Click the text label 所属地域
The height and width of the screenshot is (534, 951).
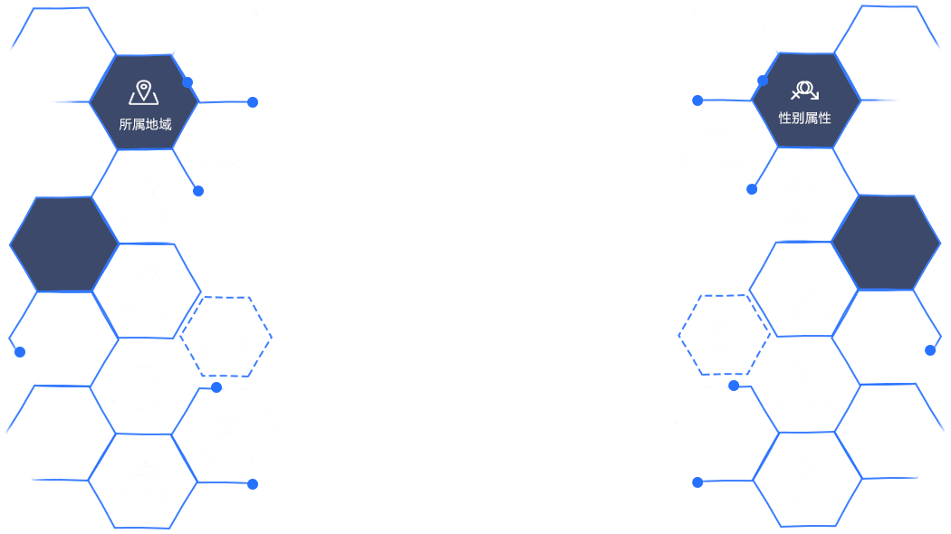click(145, 124)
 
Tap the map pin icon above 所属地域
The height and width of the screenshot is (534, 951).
click(144, 92)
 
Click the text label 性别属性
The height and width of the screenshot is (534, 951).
click(805, 119)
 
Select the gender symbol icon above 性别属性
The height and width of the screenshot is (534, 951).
click(805, 91)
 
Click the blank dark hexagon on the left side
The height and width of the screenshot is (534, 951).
click(63, 244)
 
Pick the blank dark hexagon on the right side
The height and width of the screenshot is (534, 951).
click(886, 243)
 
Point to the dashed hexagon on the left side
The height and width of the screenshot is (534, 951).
click(226, 337)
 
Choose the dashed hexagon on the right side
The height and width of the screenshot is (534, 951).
click(725, 335)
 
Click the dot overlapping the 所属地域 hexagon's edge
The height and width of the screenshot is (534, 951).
click(187, 82)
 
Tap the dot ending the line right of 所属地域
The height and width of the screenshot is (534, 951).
click(253, 102)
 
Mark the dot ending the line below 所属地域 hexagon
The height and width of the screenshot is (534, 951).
click(198, 191)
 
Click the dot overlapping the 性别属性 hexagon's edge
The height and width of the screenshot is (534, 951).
click(763, 81)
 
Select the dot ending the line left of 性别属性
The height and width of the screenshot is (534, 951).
click(697, 100)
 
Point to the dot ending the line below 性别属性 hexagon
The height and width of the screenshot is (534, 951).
click(752, 190)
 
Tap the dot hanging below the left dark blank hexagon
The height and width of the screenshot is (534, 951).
click(20, 352)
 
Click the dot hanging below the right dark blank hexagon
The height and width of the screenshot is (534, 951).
click(930, 350)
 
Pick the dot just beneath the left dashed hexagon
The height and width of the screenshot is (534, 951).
click(216, 387)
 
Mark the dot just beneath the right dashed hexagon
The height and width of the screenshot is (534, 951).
click(734, 386)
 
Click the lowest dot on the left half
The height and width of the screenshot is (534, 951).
click(253, 484)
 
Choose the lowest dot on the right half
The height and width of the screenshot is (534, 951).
click(697, 482)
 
